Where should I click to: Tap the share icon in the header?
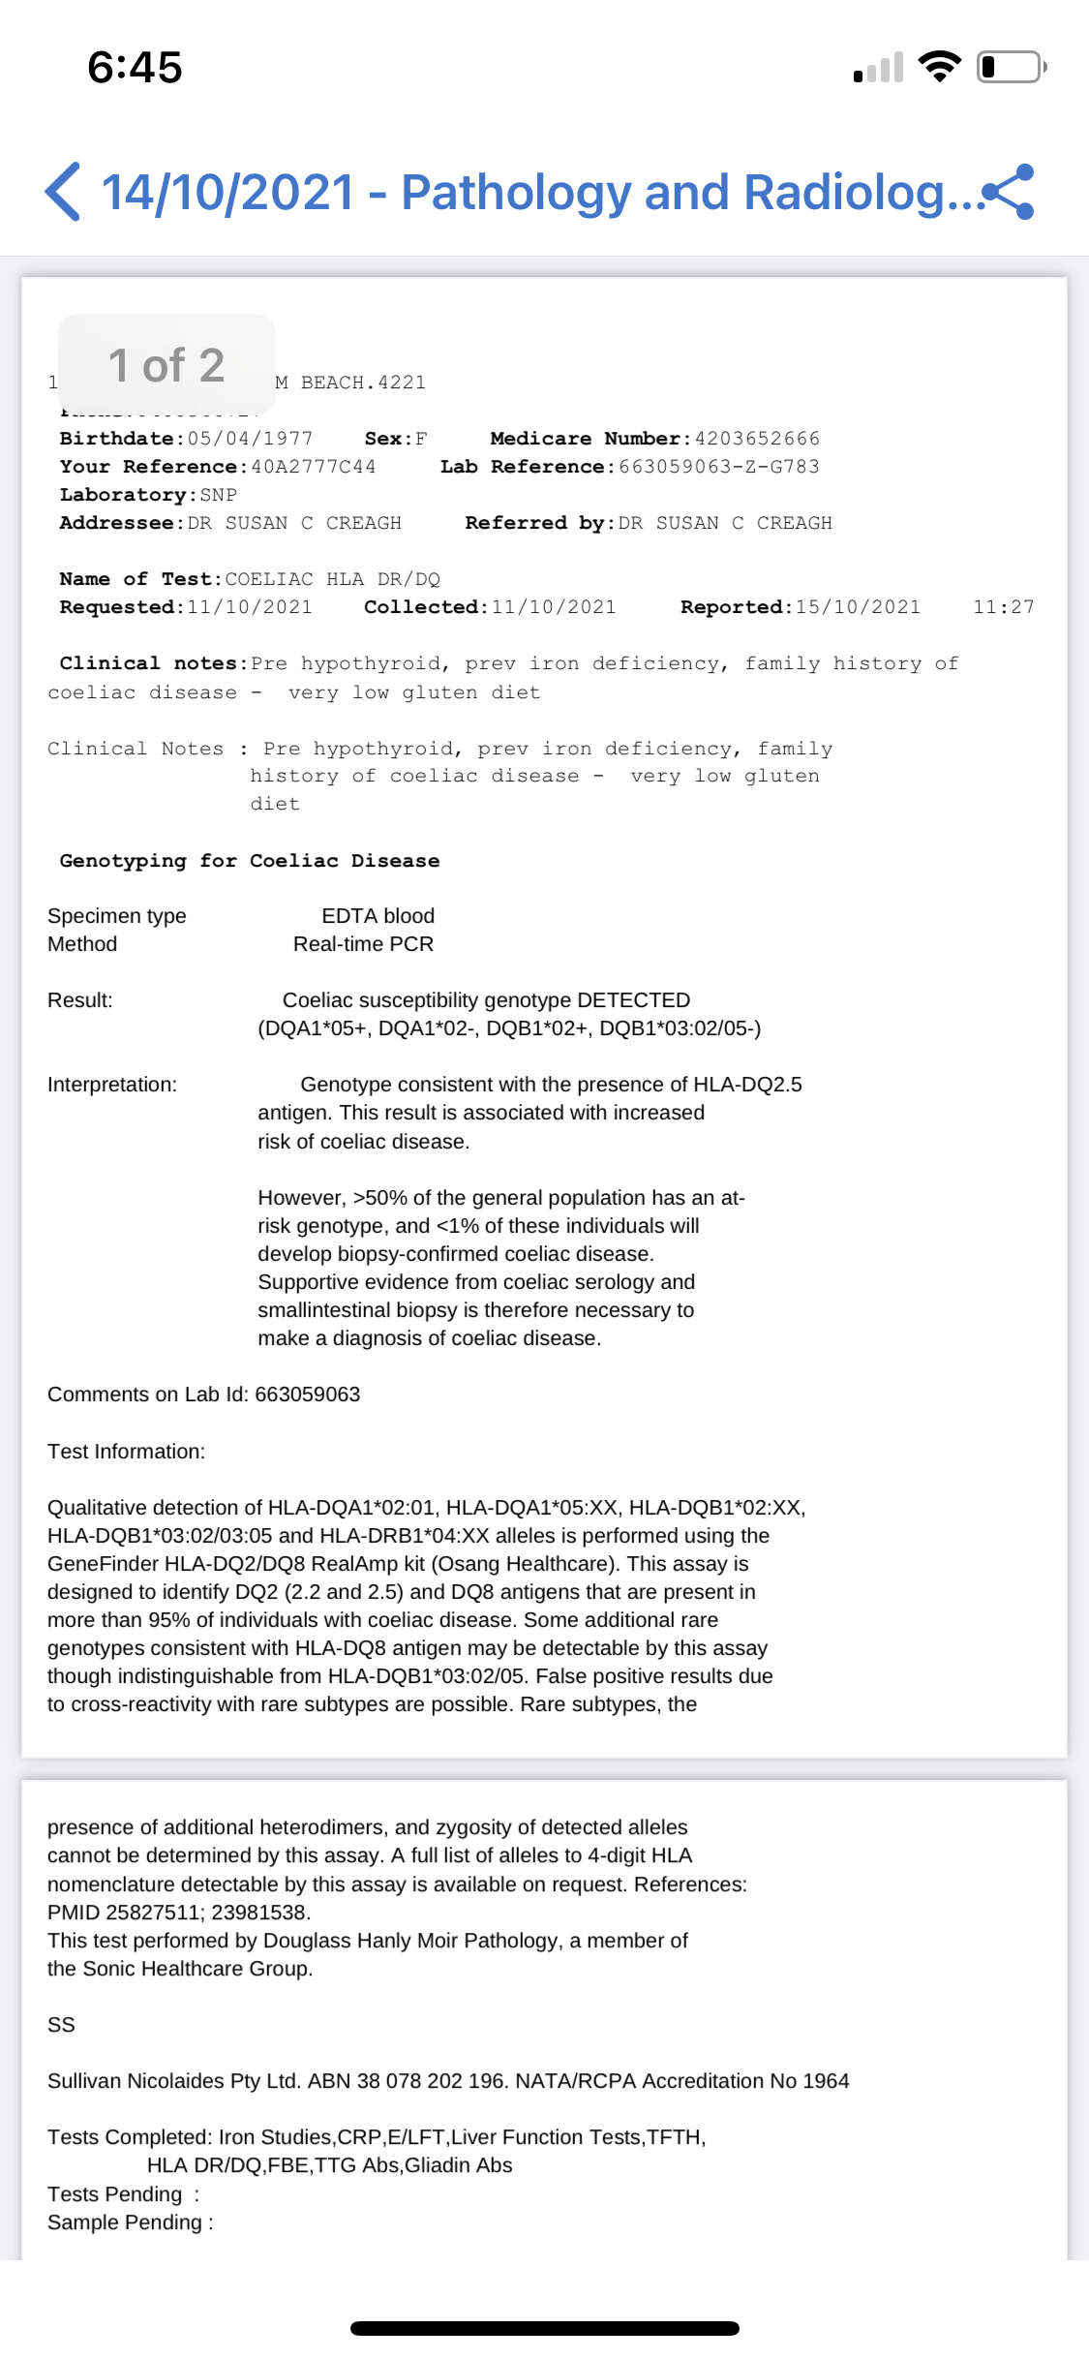pos(1009,192)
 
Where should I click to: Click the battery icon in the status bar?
pos(1011,67)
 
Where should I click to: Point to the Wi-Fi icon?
pos(938,66)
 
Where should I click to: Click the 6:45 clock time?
pos(135,68)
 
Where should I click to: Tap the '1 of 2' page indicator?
pos(166,365)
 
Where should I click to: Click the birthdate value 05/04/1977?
pos(250,439)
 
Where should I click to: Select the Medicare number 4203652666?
pos(756,439)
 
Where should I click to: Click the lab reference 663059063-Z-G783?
pos(718,467)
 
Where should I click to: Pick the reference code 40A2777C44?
pos(313,467)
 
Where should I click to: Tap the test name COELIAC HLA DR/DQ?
pos(332,579)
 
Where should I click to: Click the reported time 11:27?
pos(1003,607)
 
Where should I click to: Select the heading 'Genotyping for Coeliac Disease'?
pos(250,861)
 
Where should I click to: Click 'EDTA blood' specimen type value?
pos(378,916)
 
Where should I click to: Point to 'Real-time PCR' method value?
pos(363,944)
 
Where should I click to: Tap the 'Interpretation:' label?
pos(112,1085)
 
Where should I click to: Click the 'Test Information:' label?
pos(126,1452)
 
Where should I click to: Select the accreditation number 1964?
pos(826,2081)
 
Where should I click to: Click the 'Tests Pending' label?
pos(114,2194)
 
